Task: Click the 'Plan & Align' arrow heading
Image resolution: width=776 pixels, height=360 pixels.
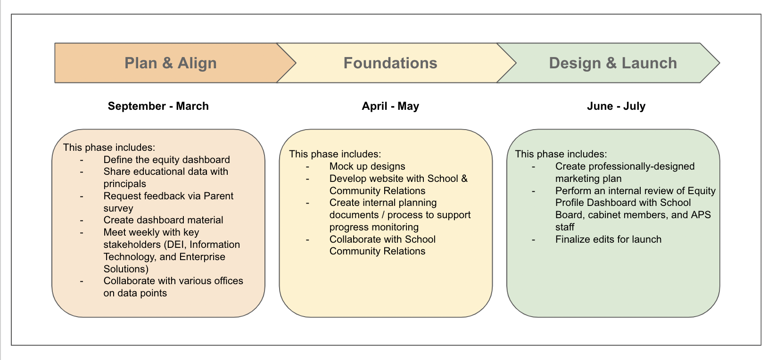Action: pyautogui.click(x=170, y=63)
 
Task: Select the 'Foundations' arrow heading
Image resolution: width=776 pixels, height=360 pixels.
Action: pyautogui.click(x=390, y=63)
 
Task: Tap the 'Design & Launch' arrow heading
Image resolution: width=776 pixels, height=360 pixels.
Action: pyautogui.click(x=613, y=63)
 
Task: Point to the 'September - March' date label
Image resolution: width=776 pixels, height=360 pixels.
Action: pyautogui.click(x=158, y=106)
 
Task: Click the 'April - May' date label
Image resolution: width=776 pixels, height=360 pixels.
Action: pyautogui.click(x=390, y=106)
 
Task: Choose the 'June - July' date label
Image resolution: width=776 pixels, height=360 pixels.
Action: pyautogui.click(x=616, y=106)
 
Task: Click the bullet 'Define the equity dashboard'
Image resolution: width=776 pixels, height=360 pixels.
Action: pyautogui.click(x=166, y=160)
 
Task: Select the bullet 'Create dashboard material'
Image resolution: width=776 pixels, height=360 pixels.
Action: pyautogui.click(x=163, y=220)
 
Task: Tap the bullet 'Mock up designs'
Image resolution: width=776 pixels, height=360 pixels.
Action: pyautogui.click(x=367, y=166)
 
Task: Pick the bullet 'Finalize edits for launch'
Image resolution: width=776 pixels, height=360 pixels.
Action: pyautogui.click(x=608, y=239)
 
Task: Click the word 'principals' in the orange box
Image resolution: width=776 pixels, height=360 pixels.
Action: pyautogui.click(x=125, y=184)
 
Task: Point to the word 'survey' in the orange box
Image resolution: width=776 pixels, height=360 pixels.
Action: pyautogui.click(x=118, y=208)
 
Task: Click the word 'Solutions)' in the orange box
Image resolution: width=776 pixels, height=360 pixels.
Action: pyautogui.click(x=126, y=269)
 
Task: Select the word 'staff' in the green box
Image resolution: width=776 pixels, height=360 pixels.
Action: pyautogui.click(x=565, y=227)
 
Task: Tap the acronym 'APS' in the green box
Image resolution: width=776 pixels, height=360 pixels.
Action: pyautogui.click(x=701, y=215)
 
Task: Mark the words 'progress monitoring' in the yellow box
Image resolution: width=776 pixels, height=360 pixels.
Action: pyautogui.click(x=374, y=227)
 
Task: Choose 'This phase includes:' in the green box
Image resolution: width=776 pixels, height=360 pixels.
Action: pyautogui.click(x=561, y=154)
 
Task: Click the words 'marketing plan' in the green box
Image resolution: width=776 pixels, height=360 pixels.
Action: pyautogui.click(x=588, y=179)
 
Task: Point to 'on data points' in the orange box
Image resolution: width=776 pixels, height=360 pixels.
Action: pyautogui.click(x=135, y=293)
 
